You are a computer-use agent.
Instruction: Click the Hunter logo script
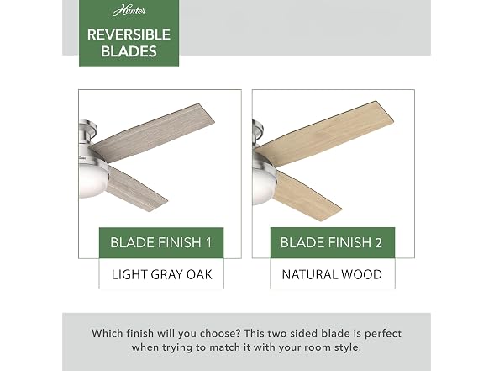click(129, 12)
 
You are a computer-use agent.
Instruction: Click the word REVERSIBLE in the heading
click(129, 34)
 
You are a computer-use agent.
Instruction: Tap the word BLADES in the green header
click(129, 51)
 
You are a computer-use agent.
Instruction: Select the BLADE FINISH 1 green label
click(161, 242)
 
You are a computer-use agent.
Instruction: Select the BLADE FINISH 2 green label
click(333, 242)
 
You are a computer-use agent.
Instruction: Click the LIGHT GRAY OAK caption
click(161, 274)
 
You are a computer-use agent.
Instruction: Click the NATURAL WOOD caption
click(332, 274)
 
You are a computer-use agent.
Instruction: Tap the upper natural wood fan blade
click(324, 133)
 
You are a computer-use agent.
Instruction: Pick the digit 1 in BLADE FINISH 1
click(208, 242)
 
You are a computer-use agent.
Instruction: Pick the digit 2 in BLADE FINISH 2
click(378, 242)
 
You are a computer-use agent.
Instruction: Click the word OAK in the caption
click(199, 274)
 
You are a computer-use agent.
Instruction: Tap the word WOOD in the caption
click(362, 274)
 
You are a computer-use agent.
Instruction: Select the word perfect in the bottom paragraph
click(383, 334)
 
